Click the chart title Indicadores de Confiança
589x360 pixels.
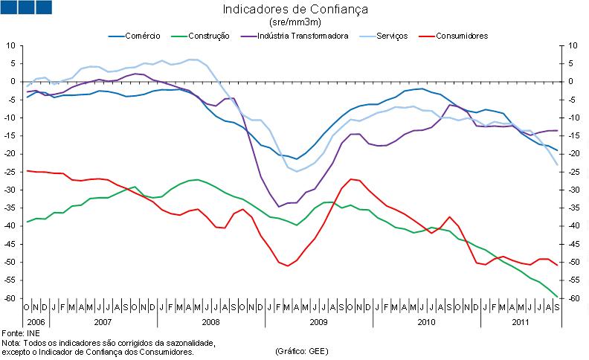point(295,10)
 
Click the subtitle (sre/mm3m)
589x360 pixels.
point(295,22)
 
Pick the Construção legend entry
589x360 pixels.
point(208,35)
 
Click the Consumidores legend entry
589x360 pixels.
point(462,35)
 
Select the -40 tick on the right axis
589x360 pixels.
point(573,226)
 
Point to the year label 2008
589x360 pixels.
point(210,323)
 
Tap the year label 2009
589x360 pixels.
point(318,323)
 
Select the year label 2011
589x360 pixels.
point(521,323)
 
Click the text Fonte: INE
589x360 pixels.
point(20,333)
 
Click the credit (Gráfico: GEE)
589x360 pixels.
point(301,350)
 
